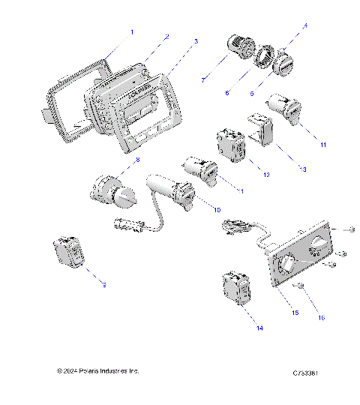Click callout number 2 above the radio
click(x=166, y=36)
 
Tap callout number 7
click(x=203, y=79)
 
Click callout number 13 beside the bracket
click(x=302, y=169)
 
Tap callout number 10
click(x=217, y=209)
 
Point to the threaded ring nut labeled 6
click(x=262, y=56)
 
